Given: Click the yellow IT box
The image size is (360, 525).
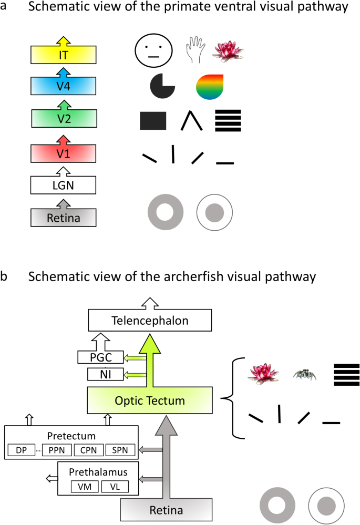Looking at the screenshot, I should (63, 54).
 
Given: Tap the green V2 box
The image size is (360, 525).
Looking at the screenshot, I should (63, 117).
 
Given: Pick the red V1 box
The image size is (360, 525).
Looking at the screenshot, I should (63, 154).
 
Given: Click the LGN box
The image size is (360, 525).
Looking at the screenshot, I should (63, 185).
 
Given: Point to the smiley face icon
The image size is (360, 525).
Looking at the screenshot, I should (153, 51).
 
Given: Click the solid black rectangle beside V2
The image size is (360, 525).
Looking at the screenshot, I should (153, 120).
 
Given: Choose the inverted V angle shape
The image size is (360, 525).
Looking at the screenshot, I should (191, 121).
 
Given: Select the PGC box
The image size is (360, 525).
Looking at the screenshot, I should (100, 358).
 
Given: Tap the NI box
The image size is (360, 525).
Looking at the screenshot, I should (100, 375).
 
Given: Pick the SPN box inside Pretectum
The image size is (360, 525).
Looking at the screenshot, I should (120, 450).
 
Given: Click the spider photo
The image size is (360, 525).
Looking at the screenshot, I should (304, 374).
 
